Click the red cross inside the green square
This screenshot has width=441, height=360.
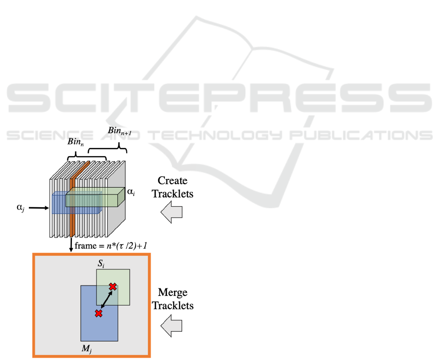point(113,287)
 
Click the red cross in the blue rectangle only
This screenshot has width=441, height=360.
point(98,313)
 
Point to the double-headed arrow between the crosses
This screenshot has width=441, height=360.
point(106,300)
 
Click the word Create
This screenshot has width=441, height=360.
point(172,181)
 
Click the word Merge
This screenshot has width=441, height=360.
point(172,293)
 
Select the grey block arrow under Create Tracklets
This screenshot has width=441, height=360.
point(172,213)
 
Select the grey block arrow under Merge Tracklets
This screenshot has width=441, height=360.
point(172,325)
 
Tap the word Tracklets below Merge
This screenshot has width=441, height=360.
point(172,306)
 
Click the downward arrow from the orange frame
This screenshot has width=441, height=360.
point(71,245)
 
